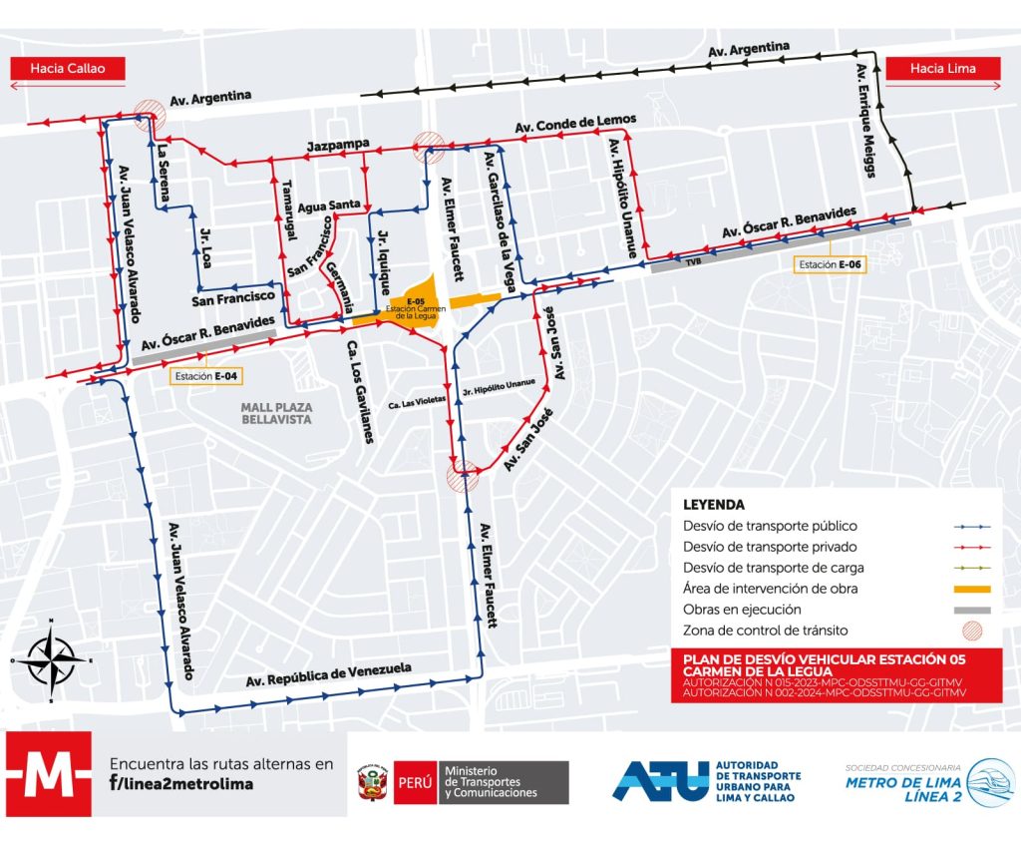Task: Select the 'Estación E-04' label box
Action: coord(202,377)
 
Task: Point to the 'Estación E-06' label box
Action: coord(828,264)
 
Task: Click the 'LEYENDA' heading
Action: coord(714,505)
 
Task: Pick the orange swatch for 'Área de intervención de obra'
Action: coord(970,589)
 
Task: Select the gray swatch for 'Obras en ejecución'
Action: coord(970,610)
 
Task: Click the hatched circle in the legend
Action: coord(970,631)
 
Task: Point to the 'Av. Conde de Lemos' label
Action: coord(575,125)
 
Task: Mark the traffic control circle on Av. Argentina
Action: coord(150,112)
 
